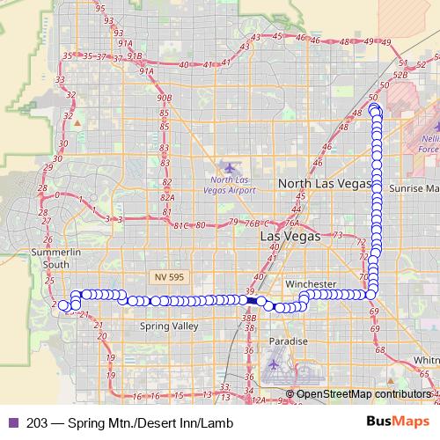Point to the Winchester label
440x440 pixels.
coord(311,284)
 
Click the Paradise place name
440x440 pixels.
coord(288,341)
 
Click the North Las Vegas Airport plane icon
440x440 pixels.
coord(231,166)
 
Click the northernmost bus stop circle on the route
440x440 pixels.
coord(375,109)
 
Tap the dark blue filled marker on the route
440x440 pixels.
coord(252,300)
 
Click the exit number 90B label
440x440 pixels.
coord(164,98)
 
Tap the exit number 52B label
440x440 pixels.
coord(401,76)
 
